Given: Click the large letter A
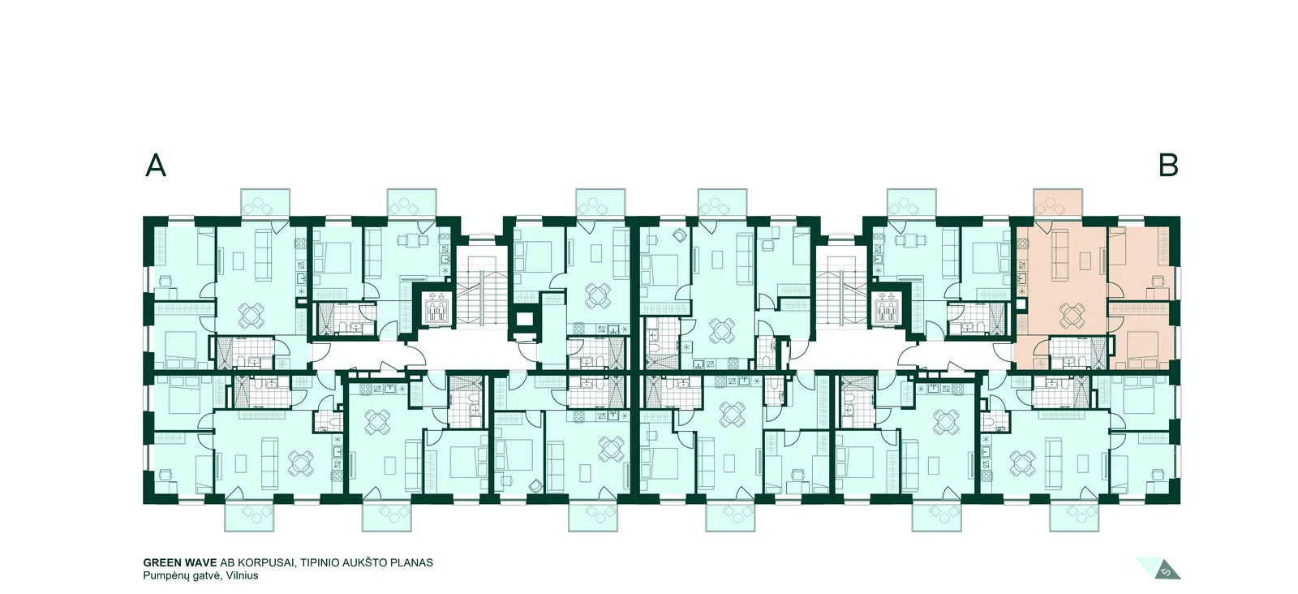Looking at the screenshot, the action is click(x=155, y=166).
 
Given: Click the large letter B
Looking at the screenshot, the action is click(x=1168, y=166).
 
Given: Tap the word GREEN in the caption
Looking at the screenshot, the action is click(x=161, y=562).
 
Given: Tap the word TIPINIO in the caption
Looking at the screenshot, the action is click(x=320, y=562).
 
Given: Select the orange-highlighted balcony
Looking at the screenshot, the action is click(x=1058, y=203).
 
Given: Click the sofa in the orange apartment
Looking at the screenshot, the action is click(x=1059, y=253).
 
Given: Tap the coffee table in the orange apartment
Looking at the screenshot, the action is click(x=1086, y=260).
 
